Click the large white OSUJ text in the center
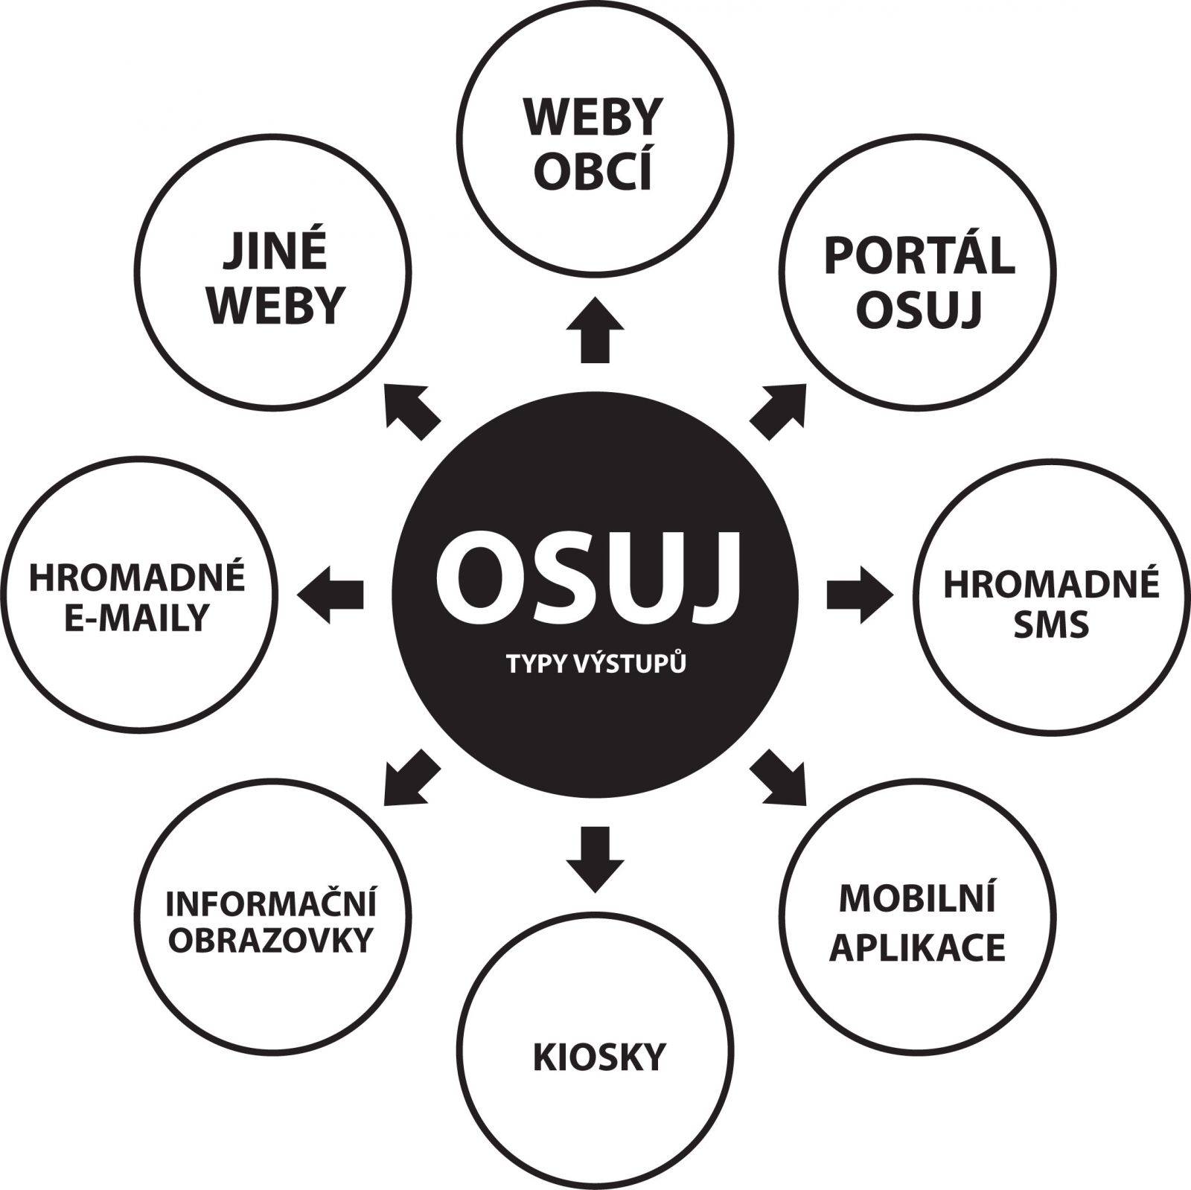coord(587,580)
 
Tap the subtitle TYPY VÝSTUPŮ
coord(595,664)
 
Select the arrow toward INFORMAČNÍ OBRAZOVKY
coord(412,778)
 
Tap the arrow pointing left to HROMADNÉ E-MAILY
coord(331,594)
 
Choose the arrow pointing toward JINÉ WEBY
coord(412,411)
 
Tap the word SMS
coord(1051,624)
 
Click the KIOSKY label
coord(598,1057)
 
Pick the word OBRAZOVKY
coord(270,941)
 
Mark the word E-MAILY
coord(136,618)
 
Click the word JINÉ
coord(275,252)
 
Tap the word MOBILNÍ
coord(917,899)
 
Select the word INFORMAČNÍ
coord(271,903)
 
